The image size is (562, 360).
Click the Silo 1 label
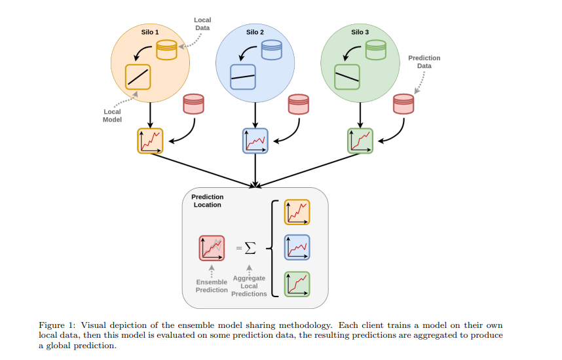[x=150, y=31]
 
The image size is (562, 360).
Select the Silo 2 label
[x=255, y=31]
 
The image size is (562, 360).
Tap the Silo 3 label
[x=360, y=31]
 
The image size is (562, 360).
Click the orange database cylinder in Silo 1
[x=167, y=50]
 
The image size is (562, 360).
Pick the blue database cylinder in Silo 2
[x=271, y=50]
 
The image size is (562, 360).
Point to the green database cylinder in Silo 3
[x=376, y=50]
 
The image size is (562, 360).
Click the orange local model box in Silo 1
[x=138, y=77]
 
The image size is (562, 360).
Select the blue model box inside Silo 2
[x=242, y=77]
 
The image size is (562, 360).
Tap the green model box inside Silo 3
[x=347, y=77]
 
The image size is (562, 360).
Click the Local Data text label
[x=202, y=24]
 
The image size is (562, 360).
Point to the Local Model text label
[x=112, y=116]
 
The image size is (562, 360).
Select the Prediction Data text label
[x=424, y=62]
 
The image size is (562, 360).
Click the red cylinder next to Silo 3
[x=403, y=104]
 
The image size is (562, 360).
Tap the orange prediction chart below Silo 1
[x=150, y=141]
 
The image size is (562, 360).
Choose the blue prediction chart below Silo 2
[x=255, y=141]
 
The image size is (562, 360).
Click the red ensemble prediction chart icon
[x=212, y=248]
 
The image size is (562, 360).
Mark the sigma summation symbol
[x=248, y=248]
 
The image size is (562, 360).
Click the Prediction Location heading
[x=207, y=201]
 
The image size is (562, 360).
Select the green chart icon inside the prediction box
[x=297, y=284]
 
